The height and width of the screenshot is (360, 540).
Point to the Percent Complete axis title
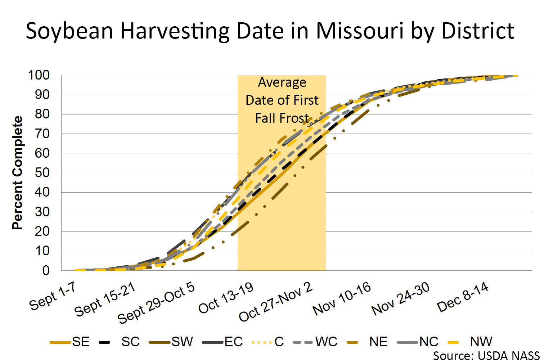pyautogui.click(x=17, y=173)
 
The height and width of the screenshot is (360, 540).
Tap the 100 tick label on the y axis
pyautogui.click(x=39, y=75)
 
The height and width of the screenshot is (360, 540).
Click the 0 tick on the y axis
pyautogui.click(x=46, y=270)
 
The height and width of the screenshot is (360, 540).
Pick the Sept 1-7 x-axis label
pyautogui.click(x=53, y=296)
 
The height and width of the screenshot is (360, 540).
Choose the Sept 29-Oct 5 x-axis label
pyautogui.click(x=156, y=303)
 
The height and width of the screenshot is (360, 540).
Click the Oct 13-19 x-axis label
pyautogui.click(x=226, y=298)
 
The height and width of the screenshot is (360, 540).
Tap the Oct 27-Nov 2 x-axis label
pyautogui.click(x=276, y=302)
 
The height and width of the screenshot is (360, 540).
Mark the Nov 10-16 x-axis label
pyautogui.click(x=342, y=299)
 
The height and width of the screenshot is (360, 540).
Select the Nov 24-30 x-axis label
pyautogui.click(x=401, y=299)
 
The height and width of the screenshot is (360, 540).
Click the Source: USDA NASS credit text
pyautogui.click(x=486, y=355)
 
